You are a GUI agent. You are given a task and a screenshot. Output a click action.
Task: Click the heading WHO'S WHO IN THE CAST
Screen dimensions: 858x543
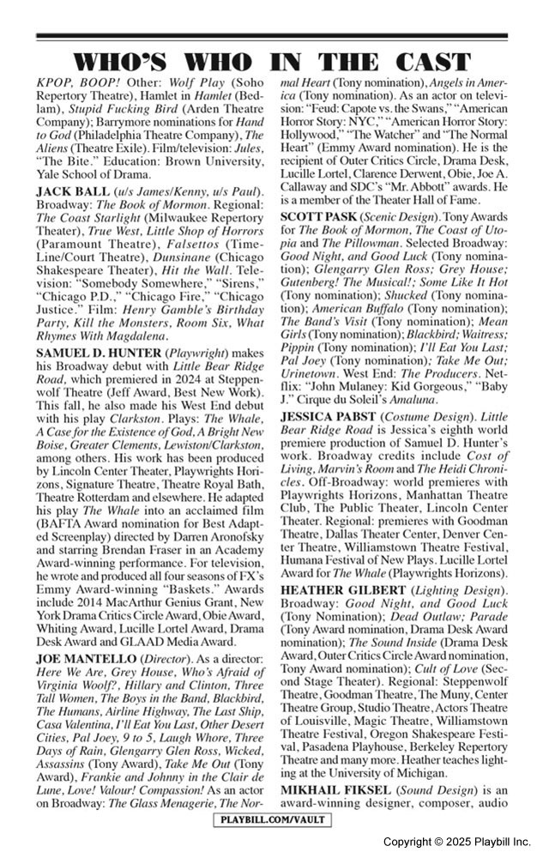point(271,63)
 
